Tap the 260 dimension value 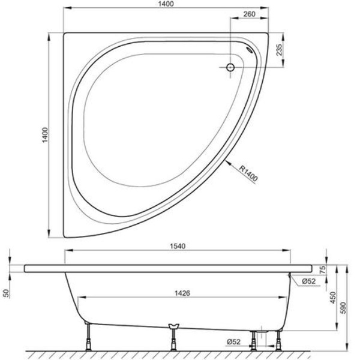[x=251, y=15]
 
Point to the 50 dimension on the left [x=6, y=292]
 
